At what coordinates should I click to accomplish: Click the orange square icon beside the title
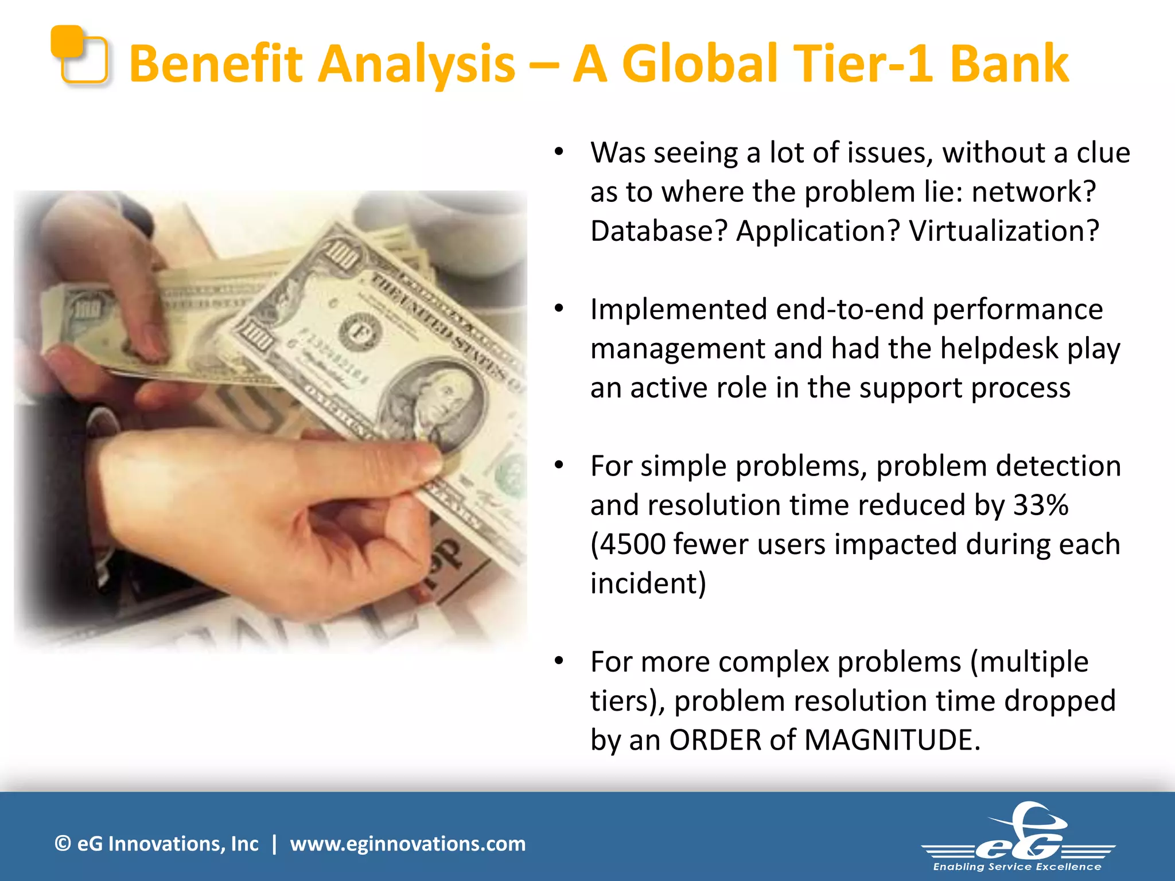[x=80, y=55]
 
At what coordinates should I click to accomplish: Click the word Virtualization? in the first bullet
[x=1004, y=231]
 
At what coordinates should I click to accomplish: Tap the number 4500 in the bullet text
[x=632, y=544]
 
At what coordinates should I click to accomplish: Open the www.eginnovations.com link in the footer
[x=407, y=844]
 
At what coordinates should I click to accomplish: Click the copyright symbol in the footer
[x=63, y=844]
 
